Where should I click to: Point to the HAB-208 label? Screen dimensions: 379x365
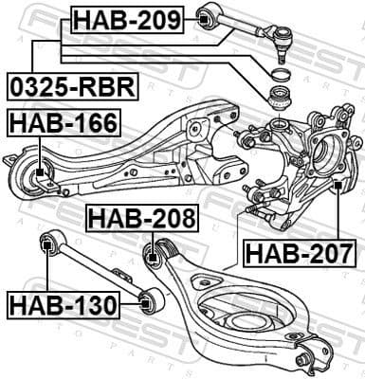[143, 219]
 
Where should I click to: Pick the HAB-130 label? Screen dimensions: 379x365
[63, 305]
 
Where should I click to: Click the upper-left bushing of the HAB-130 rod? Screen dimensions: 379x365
[46, 246]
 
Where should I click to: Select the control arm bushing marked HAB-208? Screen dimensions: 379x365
[157, 253]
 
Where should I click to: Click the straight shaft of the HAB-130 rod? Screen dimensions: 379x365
[95, 275]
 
